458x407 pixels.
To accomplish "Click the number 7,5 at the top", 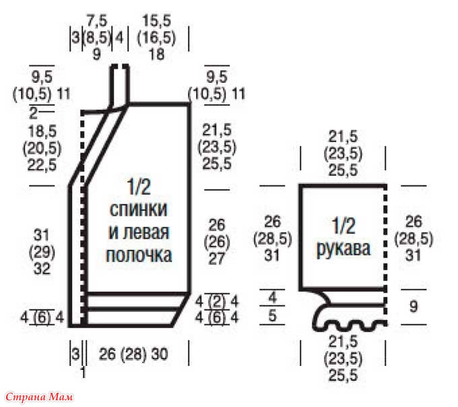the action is point(97,21).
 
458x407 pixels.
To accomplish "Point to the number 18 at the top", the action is point(156,55).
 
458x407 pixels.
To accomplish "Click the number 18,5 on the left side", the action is point(42,131).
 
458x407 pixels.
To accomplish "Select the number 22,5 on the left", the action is point(42,165).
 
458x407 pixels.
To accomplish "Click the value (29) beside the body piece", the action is point(42,252).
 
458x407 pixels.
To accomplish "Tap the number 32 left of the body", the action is point(42,269).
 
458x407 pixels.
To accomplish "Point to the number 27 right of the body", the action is point(216,259).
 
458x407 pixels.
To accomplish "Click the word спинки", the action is point(139,209).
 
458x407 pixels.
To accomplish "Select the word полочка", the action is point(139,255).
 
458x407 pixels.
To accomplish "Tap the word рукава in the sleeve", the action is point(343,249).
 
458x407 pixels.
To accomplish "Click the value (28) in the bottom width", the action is point(133,354).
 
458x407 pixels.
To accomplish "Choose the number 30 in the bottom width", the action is point(160,354).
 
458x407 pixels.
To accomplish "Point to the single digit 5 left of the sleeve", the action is point(272,315).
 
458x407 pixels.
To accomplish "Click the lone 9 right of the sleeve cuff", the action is point(414,307).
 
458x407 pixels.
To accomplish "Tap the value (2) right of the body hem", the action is point(217,301).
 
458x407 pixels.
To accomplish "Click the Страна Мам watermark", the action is point(39,398).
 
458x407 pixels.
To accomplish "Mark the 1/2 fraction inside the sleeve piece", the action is point(343,226).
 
